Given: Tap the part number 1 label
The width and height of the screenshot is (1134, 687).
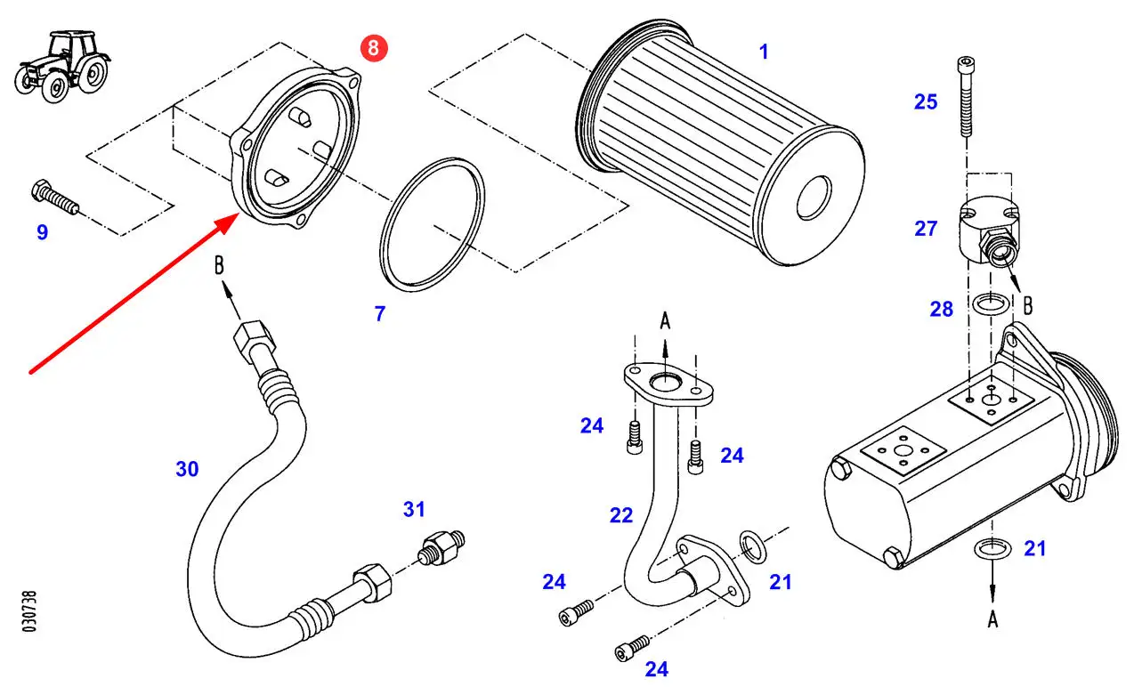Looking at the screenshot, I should pos(763,53).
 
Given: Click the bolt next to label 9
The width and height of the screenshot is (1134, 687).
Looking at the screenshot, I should pos(54,198).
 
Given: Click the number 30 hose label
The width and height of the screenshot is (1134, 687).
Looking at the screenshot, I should pos(187,469).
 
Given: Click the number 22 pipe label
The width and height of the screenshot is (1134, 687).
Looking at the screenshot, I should pos(621,515).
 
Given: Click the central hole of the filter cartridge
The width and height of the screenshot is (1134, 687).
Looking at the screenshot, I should pos(816,198).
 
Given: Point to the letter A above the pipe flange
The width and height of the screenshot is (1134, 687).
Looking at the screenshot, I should pos(664,320).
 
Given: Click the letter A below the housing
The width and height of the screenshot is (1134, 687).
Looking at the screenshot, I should pos(992,619).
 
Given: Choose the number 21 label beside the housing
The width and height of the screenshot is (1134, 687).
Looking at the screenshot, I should pos(1035,549).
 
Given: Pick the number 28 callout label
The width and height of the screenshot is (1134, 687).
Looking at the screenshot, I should pos(941,309).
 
